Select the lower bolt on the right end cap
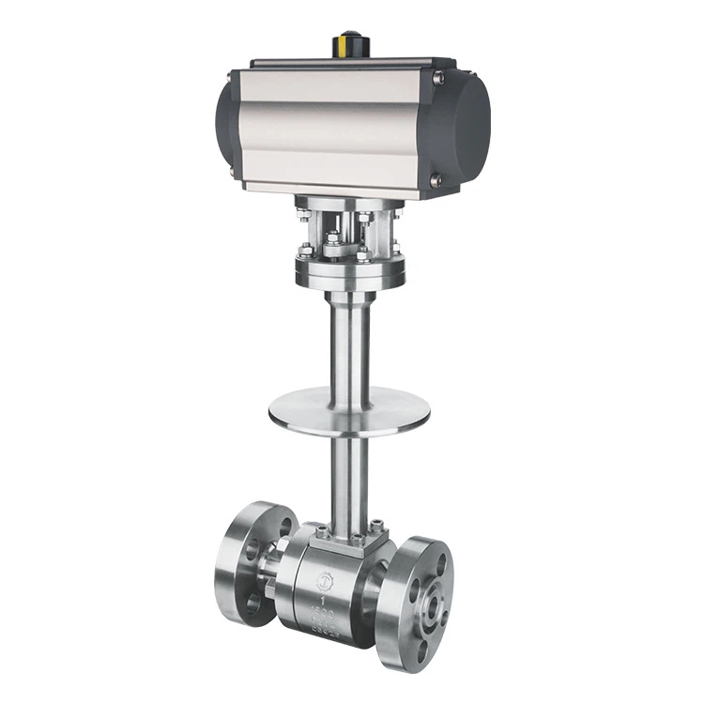click(435, 180)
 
